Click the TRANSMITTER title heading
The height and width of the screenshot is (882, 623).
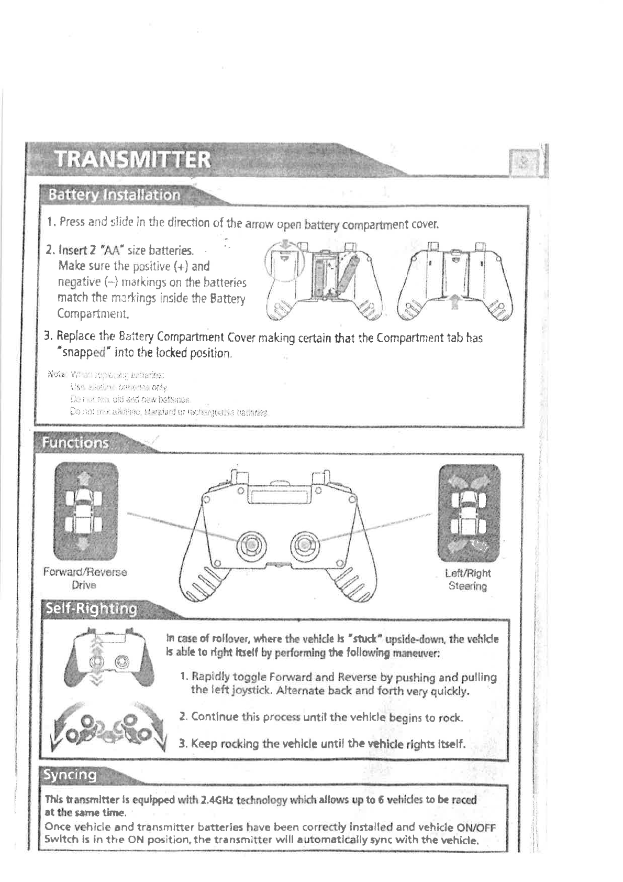[x=133, y=159]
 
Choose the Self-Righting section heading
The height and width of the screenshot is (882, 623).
[x=91, y=609]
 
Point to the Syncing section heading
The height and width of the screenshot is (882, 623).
[x=70, y=775]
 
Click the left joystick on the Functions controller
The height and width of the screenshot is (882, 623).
[x=251, y=546]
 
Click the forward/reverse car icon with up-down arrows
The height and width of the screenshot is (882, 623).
[x=86, y=511]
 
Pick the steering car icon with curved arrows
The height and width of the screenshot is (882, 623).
[x=469, y=512]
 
